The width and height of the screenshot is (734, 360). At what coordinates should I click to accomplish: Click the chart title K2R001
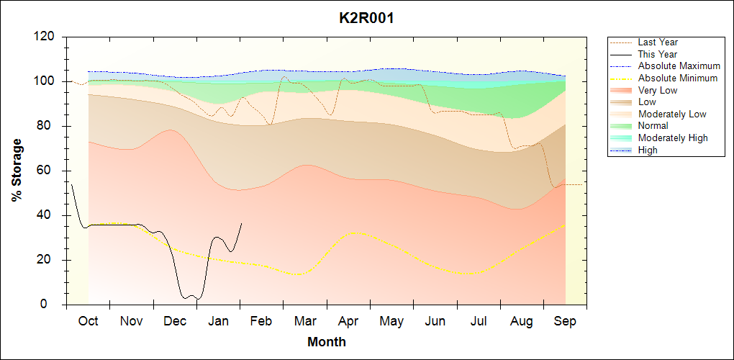pos(366,18)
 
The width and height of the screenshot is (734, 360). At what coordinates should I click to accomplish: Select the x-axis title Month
pos(327,342)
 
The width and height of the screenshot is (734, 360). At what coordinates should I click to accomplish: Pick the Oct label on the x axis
pos(88,320)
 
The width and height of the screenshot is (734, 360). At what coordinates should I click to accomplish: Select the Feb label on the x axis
pos(261,320)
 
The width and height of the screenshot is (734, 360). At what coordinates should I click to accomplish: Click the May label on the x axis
pos(391,320)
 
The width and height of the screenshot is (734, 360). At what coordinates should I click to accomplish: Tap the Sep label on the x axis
pos(565,320)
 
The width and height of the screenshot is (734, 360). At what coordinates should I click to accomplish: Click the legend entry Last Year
pos(658,42)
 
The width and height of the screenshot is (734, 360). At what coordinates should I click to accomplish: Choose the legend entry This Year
pos(658,54)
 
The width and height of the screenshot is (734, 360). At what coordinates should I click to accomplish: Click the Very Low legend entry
pos(658,90)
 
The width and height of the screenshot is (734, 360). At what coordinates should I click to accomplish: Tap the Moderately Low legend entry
pos(672,114)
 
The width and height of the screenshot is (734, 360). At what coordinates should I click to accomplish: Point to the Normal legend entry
pos(653,126)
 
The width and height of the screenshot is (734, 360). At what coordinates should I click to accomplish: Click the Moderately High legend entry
pos(673,138)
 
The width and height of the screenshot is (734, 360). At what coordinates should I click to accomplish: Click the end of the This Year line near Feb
pos(241,223)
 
